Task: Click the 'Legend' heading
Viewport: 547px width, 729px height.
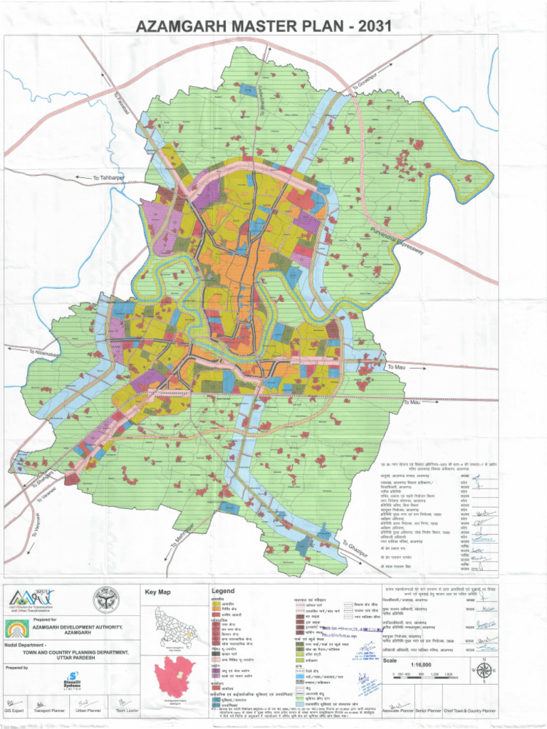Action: coord(222,592)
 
